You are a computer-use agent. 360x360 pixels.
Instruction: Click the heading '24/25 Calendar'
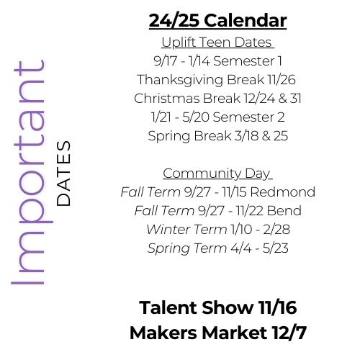(x=217, y=20)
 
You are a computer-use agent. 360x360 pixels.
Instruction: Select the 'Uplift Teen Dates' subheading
(x=217, y=42)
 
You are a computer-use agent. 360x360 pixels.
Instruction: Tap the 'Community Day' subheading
(x=217, y=174)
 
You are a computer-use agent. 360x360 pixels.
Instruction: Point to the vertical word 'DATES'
(x=63, y=174)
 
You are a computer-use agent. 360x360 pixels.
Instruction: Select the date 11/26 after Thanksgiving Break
(x=282, y=80)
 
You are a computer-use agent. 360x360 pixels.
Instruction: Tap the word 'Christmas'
(x=167, y=99)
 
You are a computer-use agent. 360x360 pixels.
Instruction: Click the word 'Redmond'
(x=283, y=192)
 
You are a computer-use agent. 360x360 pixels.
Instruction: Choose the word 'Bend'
(x=284, y=210)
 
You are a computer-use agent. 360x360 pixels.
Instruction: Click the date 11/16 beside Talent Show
(x=278, y=307)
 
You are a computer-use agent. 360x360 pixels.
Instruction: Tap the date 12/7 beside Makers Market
(x=289, y=333)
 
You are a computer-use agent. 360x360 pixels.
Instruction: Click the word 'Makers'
(x=163, y=333)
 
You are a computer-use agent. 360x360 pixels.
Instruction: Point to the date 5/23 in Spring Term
(x=275, y=248)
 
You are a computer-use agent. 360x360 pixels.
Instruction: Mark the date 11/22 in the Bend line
(x=250, y=210)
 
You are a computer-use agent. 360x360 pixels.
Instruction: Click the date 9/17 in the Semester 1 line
(x=165, y=61)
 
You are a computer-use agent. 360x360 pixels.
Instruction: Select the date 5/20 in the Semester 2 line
(x=196, y=117)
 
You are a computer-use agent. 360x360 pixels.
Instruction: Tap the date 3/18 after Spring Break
(x=246, y=136)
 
